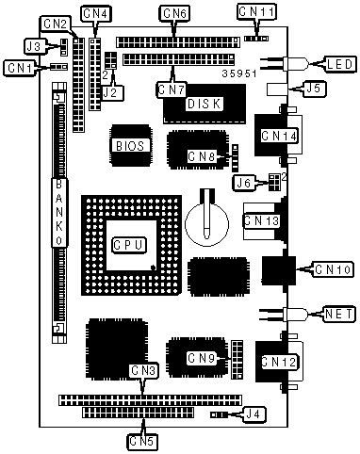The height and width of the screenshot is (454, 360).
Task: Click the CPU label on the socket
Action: tap(129, 245)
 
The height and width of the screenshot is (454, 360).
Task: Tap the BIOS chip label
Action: tap(130, 146)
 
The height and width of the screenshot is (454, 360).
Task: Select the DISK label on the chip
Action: tap(205, 104)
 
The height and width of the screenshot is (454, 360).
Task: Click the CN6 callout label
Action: tap(175, 13)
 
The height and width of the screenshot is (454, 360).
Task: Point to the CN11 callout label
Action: tap(256, 12)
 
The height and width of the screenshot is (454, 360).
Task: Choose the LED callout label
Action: tap(340, 64)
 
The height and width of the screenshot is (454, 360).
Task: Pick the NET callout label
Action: tap(339, 314)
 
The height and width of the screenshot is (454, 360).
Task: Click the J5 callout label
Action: tap(314, 89)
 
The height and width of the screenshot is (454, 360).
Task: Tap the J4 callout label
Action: tap(254, 414)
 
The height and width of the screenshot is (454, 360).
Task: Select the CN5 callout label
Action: tap(142, 442)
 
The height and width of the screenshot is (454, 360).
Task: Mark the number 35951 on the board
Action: tap(239, 73)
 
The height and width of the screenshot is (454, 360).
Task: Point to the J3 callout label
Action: tap(35, 46)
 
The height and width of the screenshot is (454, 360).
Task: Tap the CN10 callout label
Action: tap(333, 269)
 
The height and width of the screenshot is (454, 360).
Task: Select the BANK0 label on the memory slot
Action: tap(59, 212)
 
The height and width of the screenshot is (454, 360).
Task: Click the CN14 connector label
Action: tap(279, 137)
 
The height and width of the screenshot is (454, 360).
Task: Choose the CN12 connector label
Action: tap(279, 362)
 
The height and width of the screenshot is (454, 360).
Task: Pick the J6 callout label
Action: tap(244, 184)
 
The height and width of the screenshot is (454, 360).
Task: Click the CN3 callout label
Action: tap(143, 371)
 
